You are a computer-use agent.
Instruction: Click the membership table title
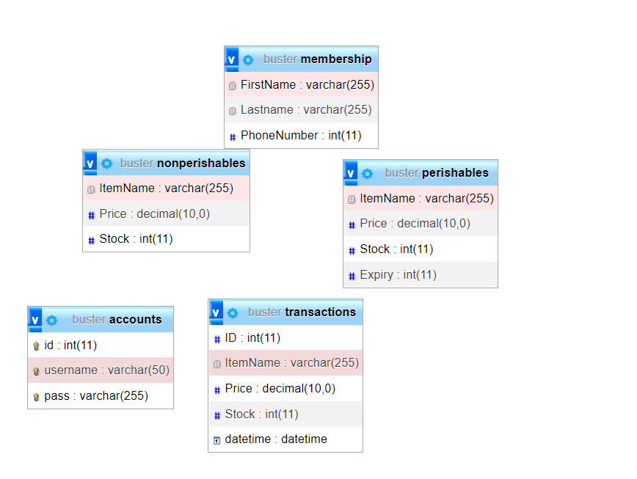tap(317, 59)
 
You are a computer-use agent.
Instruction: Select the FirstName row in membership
tap(301, 85)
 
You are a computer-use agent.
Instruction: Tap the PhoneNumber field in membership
tap(301, 135)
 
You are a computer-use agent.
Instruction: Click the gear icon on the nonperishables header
tap(107, 164)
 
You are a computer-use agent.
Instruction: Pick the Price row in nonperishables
tap(166, 213)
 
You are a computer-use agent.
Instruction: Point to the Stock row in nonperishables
tap(166, 238)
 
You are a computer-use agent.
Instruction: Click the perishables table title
tap(437, 173)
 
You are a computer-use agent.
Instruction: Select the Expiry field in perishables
tap(421, 275)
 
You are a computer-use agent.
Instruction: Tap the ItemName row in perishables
tap(421, 199)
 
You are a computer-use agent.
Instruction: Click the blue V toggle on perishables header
tap(351, 173)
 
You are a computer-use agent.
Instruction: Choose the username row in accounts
tap(101, 370)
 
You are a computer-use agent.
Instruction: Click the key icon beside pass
tap(36, 397)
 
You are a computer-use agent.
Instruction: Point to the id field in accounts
tap(101, 345)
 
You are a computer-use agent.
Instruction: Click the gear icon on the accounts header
tap(51, 321)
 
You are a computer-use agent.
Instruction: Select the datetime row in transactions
tap(285, 439)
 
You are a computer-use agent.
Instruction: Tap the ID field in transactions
tap(285, 337)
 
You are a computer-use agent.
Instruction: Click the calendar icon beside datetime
tap(217, 440)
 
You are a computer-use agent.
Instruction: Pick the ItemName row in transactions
tap(285, 363)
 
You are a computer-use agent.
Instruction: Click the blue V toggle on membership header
tap(232, 59)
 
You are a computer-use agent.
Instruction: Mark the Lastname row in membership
tap(301, 109)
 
